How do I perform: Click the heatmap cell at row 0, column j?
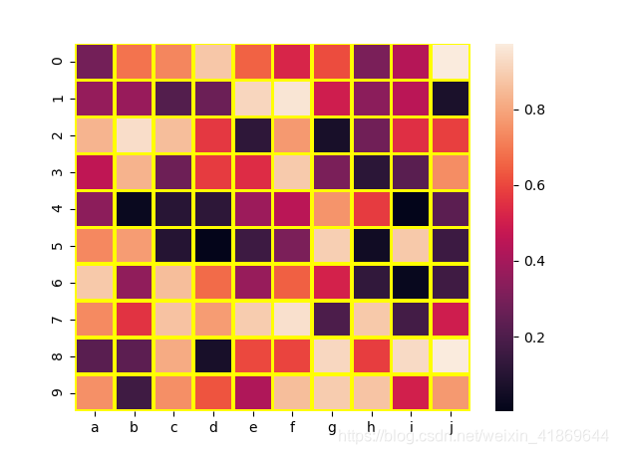[448, 62]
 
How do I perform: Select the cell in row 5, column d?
[212, 245]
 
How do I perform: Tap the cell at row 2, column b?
[134, 135]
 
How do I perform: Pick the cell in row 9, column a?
[95, 392]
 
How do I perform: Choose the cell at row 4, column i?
[409, 208]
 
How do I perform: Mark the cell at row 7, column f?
[291, 319]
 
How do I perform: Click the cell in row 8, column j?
[448, 355]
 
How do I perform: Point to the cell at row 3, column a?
[95, 172]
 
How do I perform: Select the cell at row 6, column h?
[370, 282]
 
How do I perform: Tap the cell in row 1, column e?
[251, 99]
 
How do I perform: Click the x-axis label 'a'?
[95, 427]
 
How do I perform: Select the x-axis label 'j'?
[448, 427]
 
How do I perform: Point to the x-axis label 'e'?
[251, 427]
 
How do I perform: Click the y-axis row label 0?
[59, 62]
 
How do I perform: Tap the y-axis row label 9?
[59, 392]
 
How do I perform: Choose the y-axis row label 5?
[59, 245]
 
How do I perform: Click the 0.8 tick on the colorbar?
[534, 111]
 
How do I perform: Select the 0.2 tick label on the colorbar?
[534, 337]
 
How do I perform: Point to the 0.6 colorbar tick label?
[534, 185]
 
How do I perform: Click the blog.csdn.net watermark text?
[473, 436]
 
